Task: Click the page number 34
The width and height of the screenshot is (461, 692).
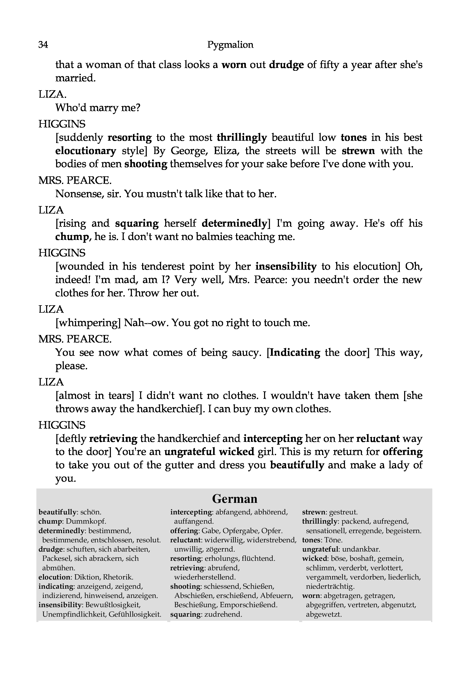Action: [43, 45]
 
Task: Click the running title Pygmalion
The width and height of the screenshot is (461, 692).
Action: [230, 45]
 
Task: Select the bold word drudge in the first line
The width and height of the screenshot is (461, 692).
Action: [286, 65]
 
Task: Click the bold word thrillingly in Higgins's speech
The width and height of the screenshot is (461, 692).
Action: [242, 138]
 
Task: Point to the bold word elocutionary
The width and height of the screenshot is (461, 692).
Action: [86, 151]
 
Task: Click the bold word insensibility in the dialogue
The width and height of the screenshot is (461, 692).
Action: [286, 267]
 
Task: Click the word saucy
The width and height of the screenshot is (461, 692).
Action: [246, 352]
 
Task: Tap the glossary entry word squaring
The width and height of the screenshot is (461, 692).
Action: [185, 614]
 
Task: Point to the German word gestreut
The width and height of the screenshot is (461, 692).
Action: [343, 512]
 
